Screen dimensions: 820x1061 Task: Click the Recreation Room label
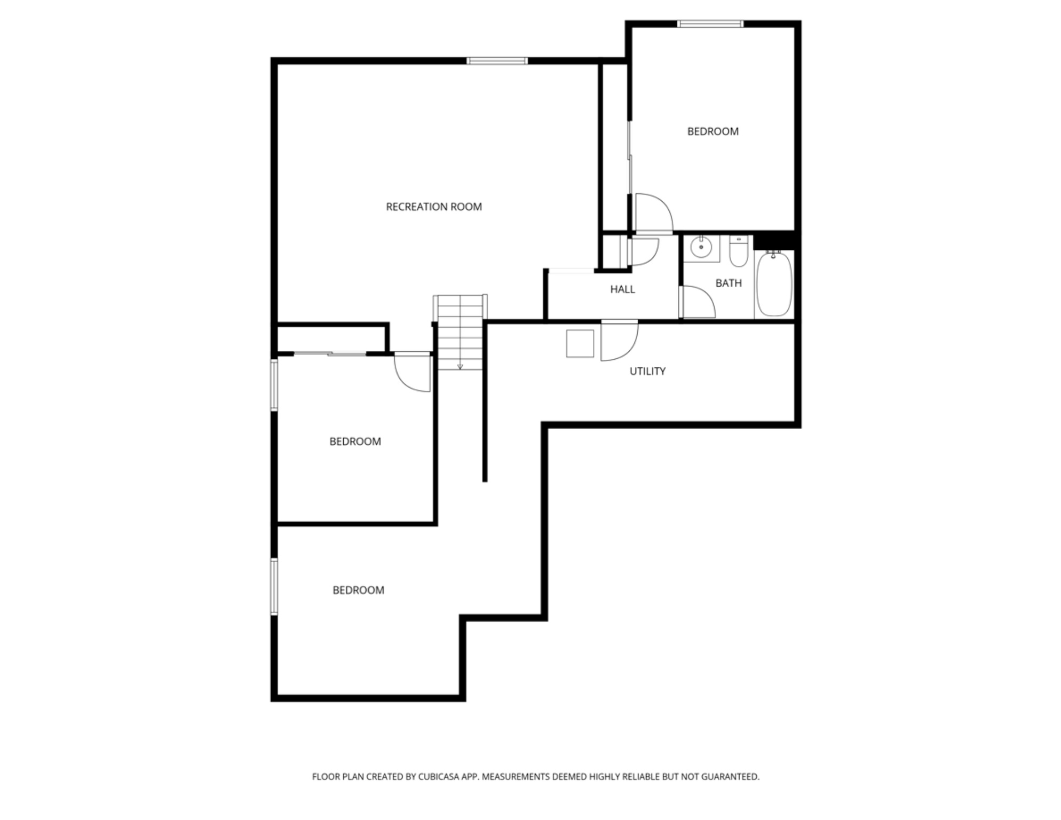[433, 207]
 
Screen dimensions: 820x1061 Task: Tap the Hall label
[622, 289]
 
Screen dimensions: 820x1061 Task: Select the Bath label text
[729, 283]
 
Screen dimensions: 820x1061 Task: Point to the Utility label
[647, 371]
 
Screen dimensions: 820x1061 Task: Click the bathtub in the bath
[774, 284]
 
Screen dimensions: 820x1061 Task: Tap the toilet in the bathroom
[739, 252]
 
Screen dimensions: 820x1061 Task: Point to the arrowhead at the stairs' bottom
[460, 367]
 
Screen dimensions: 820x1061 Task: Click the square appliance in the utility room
[580, 344]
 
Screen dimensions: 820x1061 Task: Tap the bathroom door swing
[698, 302]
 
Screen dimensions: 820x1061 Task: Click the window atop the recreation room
[497, 61]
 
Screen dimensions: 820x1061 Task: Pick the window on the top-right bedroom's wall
[710, 23]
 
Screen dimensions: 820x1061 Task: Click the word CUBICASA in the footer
[441, 777]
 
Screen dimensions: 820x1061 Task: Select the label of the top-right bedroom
[712, 131]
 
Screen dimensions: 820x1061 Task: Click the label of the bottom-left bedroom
[358, 590]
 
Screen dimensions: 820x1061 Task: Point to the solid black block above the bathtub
[773, 240]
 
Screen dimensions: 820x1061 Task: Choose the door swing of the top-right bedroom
[652, 214]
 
